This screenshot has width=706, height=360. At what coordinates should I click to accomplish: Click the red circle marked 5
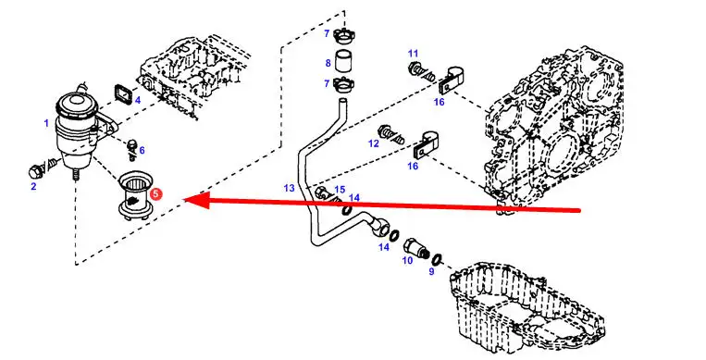pos(155,194)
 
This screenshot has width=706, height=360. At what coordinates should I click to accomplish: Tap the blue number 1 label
pos(46,123)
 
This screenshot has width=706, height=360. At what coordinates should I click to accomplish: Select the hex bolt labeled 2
pos(42,168)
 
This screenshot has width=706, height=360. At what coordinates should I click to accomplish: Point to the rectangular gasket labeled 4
pos(123,93)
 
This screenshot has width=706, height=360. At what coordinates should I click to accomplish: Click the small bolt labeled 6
pos(131,150)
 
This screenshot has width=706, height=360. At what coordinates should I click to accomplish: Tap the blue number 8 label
pos(328,63)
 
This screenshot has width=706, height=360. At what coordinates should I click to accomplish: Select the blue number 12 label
pos(373,143)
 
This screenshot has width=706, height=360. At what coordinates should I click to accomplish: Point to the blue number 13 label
pos(289,188)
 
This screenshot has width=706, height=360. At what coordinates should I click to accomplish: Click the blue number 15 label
pos(340,190)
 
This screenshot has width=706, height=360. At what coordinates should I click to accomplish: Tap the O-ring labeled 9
pos(437,260)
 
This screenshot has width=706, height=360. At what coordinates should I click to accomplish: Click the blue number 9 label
pos(431,272)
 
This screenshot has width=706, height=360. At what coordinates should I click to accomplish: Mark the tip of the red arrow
pos(184,200)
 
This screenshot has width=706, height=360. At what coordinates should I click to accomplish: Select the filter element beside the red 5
pos(132,197)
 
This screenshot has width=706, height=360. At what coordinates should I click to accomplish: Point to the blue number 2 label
pos(33,187)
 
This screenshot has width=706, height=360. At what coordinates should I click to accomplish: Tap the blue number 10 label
pos(407,260)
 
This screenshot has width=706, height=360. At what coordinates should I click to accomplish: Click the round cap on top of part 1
pos(72,102)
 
